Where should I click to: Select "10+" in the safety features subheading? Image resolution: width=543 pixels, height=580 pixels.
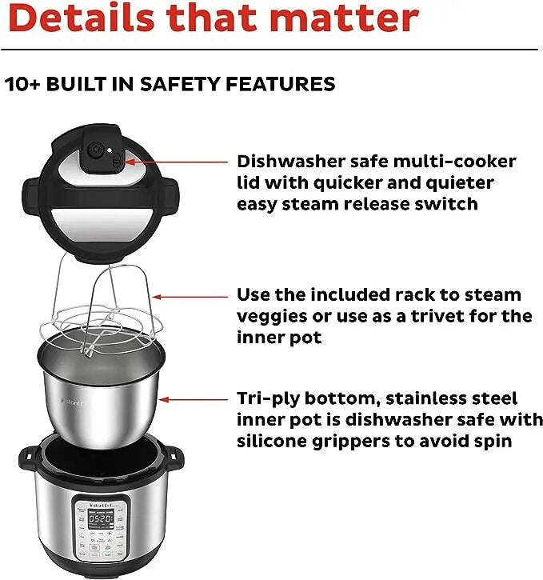click(x=24, y=84)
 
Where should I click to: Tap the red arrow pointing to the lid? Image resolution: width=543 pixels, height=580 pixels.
click(x=184, y=162)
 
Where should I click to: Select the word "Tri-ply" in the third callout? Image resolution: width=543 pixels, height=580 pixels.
click(x=267, y=398)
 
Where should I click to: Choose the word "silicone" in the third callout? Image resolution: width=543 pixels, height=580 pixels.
click(x=273, y=441)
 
